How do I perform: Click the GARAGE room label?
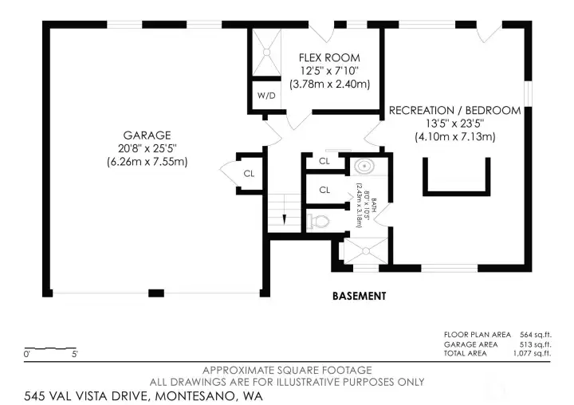(x=147, y=135)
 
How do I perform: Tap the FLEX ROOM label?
(x=329, y=58)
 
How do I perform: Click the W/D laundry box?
(x=266, y=96)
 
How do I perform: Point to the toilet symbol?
(x=319, y=221)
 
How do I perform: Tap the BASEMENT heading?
(x=359, y=296)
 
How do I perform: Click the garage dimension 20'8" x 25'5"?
(x=147, y=148)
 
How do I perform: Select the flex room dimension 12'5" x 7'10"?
(x=329, y=71)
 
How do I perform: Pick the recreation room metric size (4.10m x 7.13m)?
(x=454, y=136)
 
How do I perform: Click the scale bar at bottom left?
(x=51, y=349)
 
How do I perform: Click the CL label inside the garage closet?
(x=249, y=172)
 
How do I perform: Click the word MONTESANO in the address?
(x=189, y=395)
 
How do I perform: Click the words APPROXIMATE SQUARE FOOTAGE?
(x=286, y=371)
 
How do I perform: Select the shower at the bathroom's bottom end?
(x=364, y=252)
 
